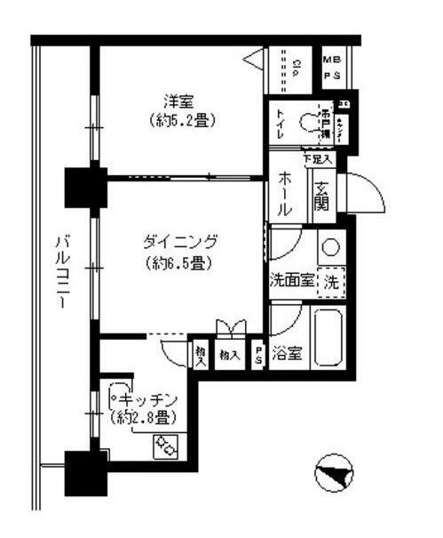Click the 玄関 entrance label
coord(321,199)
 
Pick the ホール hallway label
coord(286,193)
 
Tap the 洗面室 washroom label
coord(292,282)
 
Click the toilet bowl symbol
coord(309,123)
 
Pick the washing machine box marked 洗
coord(331,282)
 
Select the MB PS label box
coord(333,67)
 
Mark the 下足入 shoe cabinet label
coord(317,159)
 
